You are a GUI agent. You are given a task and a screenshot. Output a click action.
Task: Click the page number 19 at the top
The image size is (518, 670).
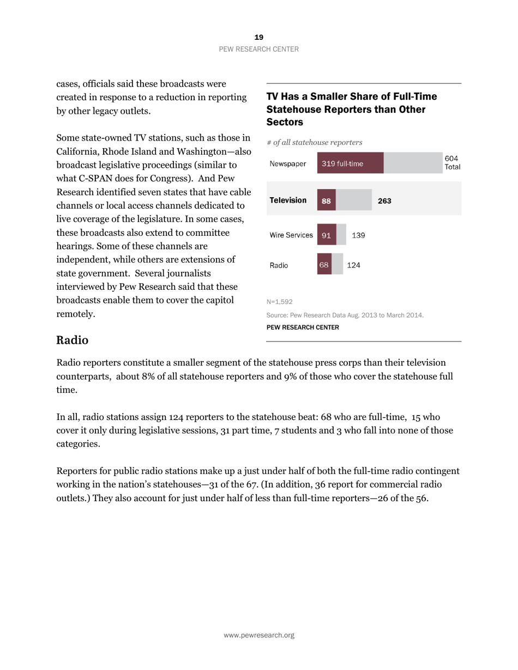tap(258, 37)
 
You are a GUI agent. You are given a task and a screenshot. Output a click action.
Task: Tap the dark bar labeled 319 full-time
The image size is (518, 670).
tap(350, 163)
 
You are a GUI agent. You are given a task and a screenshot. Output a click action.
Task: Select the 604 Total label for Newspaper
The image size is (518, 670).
tap(452, 163)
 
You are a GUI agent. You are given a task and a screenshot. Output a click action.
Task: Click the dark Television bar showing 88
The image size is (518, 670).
tap(326, 200)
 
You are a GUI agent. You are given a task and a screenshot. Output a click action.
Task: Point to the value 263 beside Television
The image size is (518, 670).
tap(384, 201)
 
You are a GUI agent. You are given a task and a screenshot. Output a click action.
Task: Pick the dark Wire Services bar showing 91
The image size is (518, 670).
tap(326, 235)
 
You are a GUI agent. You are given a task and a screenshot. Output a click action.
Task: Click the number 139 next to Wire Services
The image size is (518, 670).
tap(358, 235)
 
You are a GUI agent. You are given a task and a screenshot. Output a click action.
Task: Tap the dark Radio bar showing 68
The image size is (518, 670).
tap(324, 265)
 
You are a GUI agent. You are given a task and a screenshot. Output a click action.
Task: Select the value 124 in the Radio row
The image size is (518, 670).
tap(354, 265)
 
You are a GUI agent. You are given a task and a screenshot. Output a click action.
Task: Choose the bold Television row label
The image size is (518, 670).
tap(288, 200)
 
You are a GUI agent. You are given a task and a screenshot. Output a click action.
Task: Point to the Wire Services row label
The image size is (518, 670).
tap(291, 235)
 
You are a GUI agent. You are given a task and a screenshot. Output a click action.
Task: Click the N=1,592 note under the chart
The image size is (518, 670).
tap(279, 301)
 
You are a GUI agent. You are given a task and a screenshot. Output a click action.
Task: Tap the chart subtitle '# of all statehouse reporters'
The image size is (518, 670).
tap(315, 142)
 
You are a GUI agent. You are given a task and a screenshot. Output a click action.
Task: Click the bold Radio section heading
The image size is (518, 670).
tap(72, 340)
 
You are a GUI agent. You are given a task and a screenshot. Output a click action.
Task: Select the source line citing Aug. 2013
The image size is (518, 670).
tap(345, 315)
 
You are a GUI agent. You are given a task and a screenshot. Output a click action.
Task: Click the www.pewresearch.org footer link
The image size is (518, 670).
tap(259, 635)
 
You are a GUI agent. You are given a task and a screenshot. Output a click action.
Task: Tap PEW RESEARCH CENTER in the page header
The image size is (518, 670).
tap(258, 49)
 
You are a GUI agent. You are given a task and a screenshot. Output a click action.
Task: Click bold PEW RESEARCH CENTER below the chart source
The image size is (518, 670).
tap(303, 327)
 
